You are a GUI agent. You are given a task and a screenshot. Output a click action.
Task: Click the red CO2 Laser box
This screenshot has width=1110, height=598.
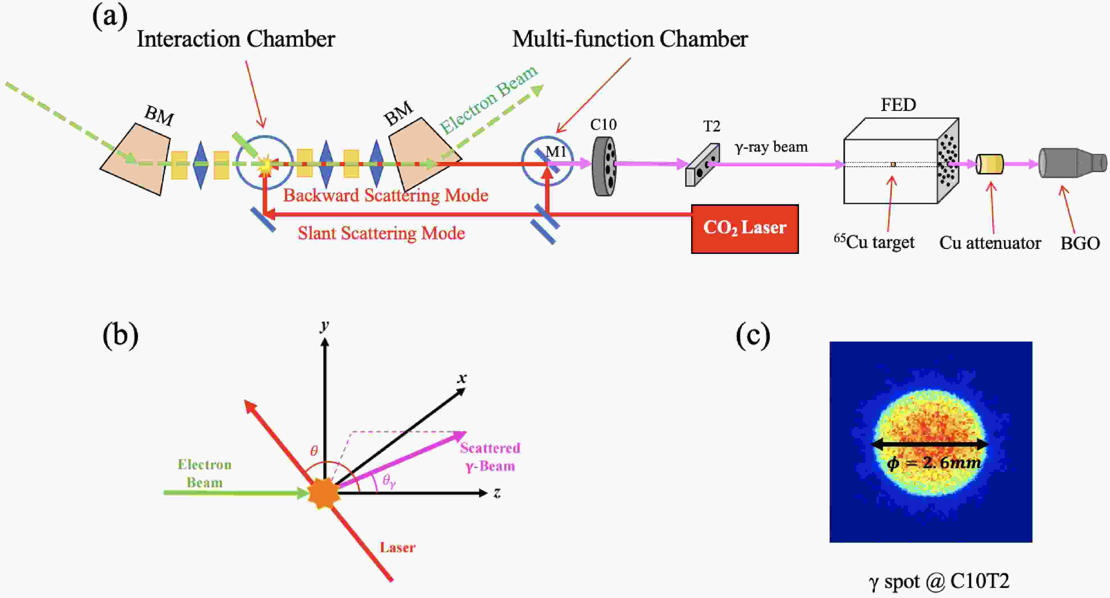click(x=744, y=229)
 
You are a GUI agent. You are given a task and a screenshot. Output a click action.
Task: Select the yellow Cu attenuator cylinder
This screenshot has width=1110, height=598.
click(x=990, y=164)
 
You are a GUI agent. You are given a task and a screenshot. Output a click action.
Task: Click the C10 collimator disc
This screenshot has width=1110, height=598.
click(x=604, y=166)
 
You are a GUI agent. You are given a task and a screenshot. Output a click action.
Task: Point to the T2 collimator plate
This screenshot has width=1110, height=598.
click(x=702, y=165)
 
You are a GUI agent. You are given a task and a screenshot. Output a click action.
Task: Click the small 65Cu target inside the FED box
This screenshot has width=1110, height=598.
click(x=893, y=164)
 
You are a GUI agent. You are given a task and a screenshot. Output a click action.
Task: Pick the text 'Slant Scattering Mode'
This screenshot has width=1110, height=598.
click(x=381, y=233)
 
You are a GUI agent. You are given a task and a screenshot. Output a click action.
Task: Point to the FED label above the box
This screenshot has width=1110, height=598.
click(x=898, y=105)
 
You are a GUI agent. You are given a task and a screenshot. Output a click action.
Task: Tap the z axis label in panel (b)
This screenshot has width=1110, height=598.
click(x=497, y=492)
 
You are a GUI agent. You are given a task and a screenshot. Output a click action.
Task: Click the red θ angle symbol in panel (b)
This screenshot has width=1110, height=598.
click(x=314, y=451)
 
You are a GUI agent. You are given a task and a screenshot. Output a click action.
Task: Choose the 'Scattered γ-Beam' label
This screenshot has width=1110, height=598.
click(x=490, y=457)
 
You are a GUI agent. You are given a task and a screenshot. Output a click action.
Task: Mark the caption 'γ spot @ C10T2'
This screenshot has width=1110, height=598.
click(x=939, y=581)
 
